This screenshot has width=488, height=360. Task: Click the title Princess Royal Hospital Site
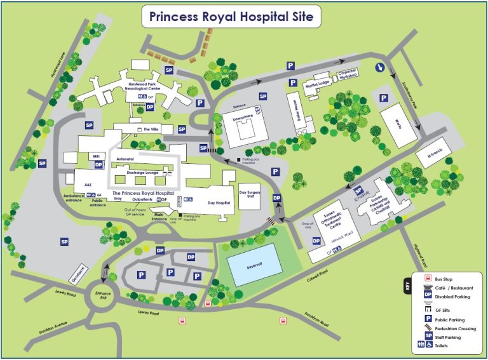point(231,17)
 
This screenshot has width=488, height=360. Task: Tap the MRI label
point(97,156)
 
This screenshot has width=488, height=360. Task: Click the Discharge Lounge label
point(142,172)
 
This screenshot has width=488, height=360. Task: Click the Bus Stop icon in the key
point(419,278)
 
